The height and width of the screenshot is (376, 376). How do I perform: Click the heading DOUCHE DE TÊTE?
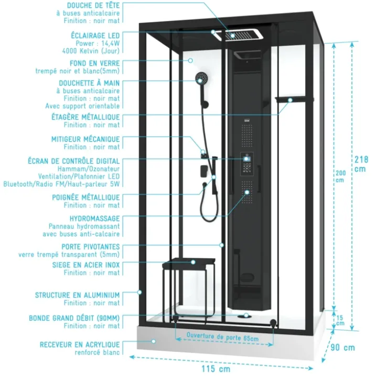[x=93, y=5]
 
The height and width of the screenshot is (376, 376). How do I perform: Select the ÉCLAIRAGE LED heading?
[x=95, y=36]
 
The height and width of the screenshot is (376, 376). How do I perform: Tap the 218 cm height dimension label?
[x=361, y=164]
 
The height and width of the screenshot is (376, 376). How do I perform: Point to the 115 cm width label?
[x=216, y=369]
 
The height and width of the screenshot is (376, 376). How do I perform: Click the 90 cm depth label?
[x=342, y=348]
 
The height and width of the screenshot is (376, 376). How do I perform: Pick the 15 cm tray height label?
[x=340, y=320]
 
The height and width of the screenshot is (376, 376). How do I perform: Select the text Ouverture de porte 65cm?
[x=222, y=337]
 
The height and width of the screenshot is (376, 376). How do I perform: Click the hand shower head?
[x=201, y=79]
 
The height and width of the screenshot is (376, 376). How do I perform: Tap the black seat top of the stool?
[x=189, y=262]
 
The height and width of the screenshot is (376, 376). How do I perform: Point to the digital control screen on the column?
[x=246, y=159]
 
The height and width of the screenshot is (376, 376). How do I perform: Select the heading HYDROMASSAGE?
[x=95, y=219]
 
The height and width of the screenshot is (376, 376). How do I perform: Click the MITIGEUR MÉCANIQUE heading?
[x=85, y=139]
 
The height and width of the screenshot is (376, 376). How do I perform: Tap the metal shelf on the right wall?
[x=294, y=100]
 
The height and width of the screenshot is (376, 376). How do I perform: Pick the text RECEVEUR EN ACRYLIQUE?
[x=80, y=345]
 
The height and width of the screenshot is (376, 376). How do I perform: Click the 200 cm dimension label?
[x=340, y=176]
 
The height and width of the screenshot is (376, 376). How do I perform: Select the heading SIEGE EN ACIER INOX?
[x=86, y=265]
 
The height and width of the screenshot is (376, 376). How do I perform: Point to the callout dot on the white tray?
[x=154, y=341]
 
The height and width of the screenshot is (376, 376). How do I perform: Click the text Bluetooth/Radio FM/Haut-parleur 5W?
[x=61, y=184]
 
